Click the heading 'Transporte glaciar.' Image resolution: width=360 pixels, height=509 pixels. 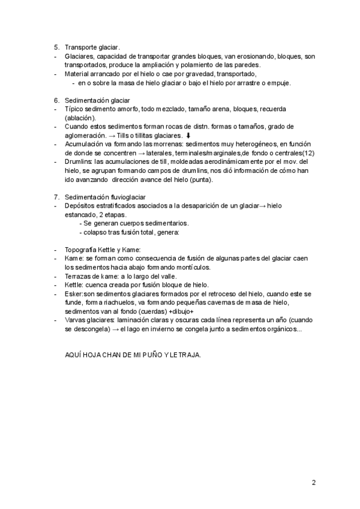coord(92,47)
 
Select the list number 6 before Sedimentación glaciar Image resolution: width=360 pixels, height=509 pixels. coord(56,100)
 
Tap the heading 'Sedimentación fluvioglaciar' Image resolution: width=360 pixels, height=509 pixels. coord(105,197)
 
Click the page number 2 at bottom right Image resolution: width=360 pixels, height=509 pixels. coord(313,482)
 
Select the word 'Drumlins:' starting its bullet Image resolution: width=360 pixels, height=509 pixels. coord(79,162)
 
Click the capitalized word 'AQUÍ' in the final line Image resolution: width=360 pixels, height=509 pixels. coord(73,355)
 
